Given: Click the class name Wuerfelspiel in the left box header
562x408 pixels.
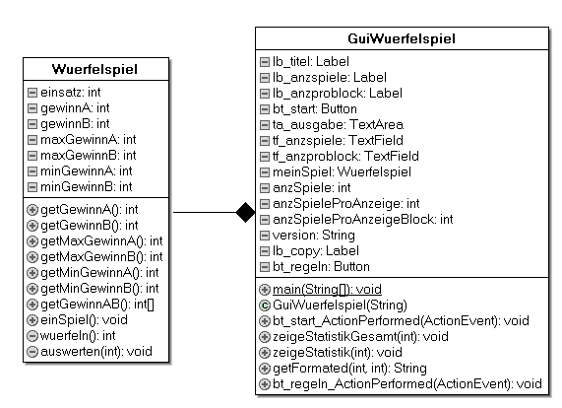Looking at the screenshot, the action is pyautogui.click(x=94, y=69).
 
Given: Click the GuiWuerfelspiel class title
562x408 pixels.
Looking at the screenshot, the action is pyautogui.click(x=402, y=38).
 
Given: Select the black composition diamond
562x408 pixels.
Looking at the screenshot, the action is pyautogui.click(x=245, y=213).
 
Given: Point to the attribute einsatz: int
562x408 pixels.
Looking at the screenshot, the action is pyautogui.click(x=71, y=93).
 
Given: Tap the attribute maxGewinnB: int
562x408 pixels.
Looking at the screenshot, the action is pyautogui.click(x=89, y=156).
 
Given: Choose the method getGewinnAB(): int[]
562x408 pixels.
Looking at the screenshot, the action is pyautogui.click(x=97, y=305).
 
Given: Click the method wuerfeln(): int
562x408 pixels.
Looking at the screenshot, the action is pyautogui.click(x=78, y=336).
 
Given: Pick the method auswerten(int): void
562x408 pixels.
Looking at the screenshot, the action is pyautogui.click(x=96, y=351).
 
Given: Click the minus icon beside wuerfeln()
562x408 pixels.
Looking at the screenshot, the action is pyautogui.click(x=32, y=336).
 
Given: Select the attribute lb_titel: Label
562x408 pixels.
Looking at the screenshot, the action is pyautogui.click(x=311, y=62).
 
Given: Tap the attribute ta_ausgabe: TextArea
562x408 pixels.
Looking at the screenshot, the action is pyautogui.click(x=338, y=124).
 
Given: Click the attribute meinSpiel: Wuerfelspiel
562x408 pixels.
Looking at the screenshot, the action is pyautogui.click(x=342, y=171).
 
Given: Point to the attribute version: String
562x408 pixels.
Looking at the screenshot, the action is pyautogui.click(x=314, y=236).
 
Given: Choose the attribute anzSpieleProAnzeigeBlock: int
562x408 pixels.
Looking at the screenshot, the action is pyautogui.click(x=363, y=219).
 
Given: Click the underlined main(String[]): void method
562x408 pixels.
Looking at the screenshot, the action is pyautogui.click(x=327, y=289).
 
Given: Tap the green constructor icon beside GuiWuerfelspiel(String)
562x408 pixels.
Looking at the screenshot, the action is pyautogui.click(x=265, y=306).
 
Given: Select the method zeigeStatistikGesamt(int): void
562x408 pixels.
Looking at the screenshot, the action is pyautogui.click(x=360, y=337).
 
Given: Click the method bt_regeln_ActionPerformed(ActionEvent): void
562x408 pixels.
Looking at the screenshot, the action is pyautogui.click(x=407, y=384).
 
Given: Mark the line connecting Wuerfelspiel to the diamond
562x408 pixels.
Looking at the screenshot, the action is pyautogui.click(x=205, y=213).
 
